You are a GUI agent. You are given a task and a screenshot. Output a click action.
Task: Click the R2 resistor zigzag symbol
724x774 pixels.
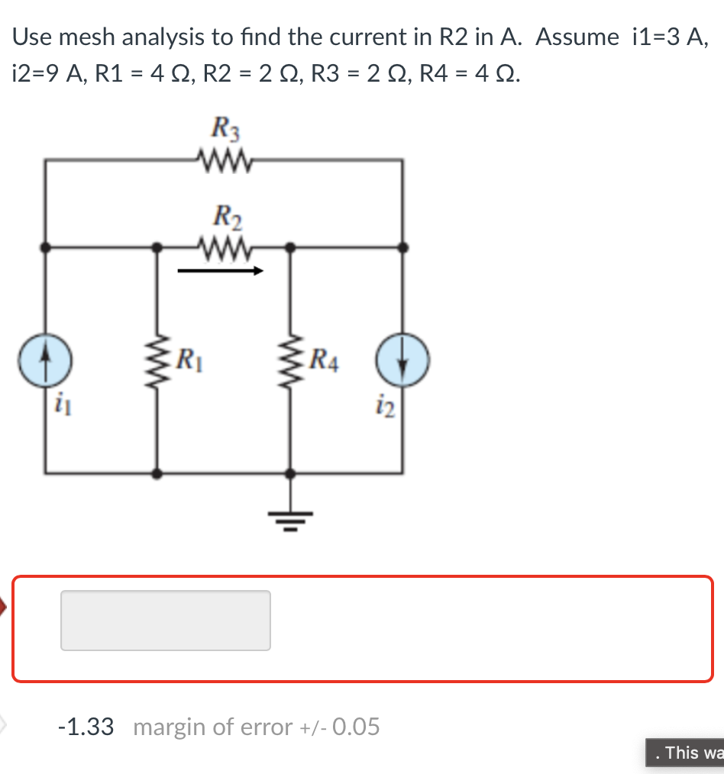click(224, 247)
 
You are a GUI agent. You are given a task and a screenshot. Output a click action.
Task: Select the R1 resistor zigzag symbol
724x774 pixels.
click(158, 359)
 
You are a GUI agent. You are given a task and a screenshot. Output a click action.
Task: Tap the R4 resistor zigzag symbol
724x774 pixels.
click(289, 359)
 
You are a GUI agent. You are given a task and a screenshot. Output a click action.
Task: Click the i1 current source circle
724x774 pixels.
click(46, 358)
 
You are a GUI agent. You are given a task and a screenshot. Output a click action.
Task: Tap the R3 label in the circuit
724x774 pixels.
click(225, 127)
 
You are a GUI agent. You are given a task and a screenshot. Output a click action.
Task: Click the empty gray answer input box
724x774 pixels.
click(165, 621)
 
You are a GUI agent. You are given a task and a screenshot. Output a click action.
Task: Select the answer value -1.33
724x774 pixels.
click(86, 727)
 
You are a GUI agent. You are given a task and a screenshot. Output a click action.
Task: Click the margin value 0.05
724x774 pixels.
click(356, 727)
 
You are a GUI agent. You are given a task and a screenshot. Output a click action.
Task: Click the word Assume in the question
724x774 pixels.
click(577, 37)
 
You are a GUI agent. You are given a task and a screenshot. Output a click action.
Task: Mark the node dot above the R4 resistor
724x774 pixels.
click(289, 247)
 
